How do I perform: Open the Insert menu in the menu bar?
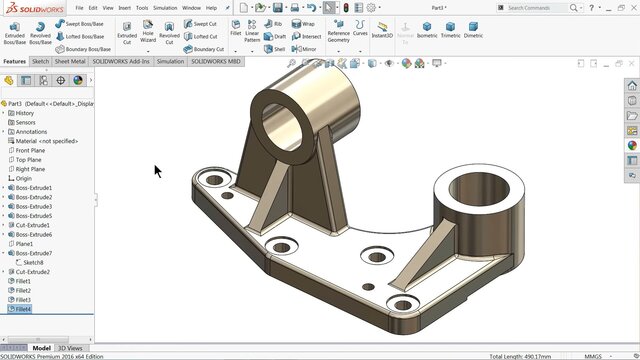click(124, 7)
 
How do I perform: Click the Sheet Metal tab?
click(71, 61)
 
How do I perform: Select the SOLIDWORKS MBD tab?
click(216, 61)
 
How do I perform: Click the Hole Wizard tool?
click(148, 32)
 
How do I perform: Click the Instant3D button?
click(382, 32)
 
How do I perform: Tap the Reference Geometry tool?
click(339, 32)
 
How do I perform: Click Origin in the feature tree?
click(23, 178)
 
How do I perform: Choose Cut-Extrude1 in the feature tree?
click(33, 225)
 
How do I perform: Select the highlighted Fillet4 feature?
click(23, 309)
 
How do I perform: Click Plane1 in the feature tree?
click(24, 243)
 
